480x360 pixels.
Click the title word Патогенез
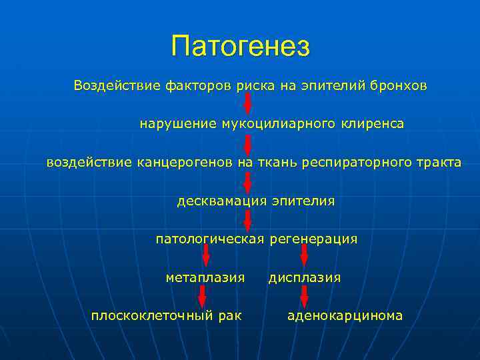coord(240,46)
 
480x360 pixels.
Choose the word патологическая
coord(210,239)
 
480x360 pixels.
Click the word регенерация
coord(313,239)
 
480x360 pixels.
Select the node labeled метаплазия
coord(205,277)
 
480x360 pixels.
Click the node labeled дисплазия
coord(305,277)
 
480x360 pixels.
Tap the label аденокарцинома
coord(345,315)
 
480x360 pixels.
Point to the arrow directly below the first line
coord(247,105)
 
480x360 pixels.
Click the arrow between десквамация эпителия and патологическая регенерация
coord(247,220)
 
